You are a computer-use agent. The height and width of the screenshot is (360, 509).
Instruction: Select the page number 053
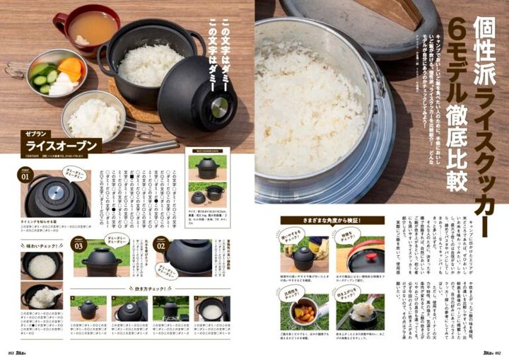11,353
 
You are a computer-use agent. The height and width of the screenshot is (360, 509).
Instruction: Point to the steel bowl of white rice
94,116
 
